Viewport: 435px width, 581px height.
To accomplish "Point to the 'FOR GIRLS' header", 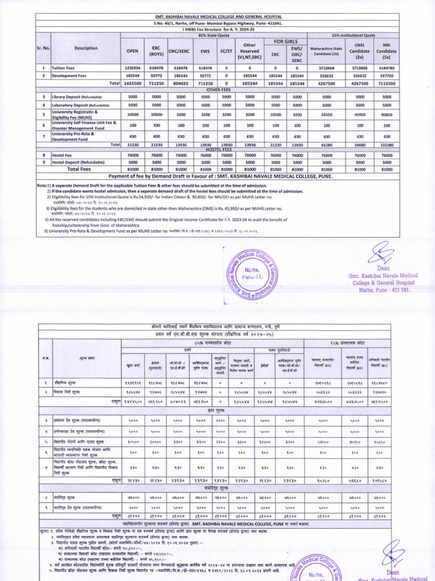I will point(286,41).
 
